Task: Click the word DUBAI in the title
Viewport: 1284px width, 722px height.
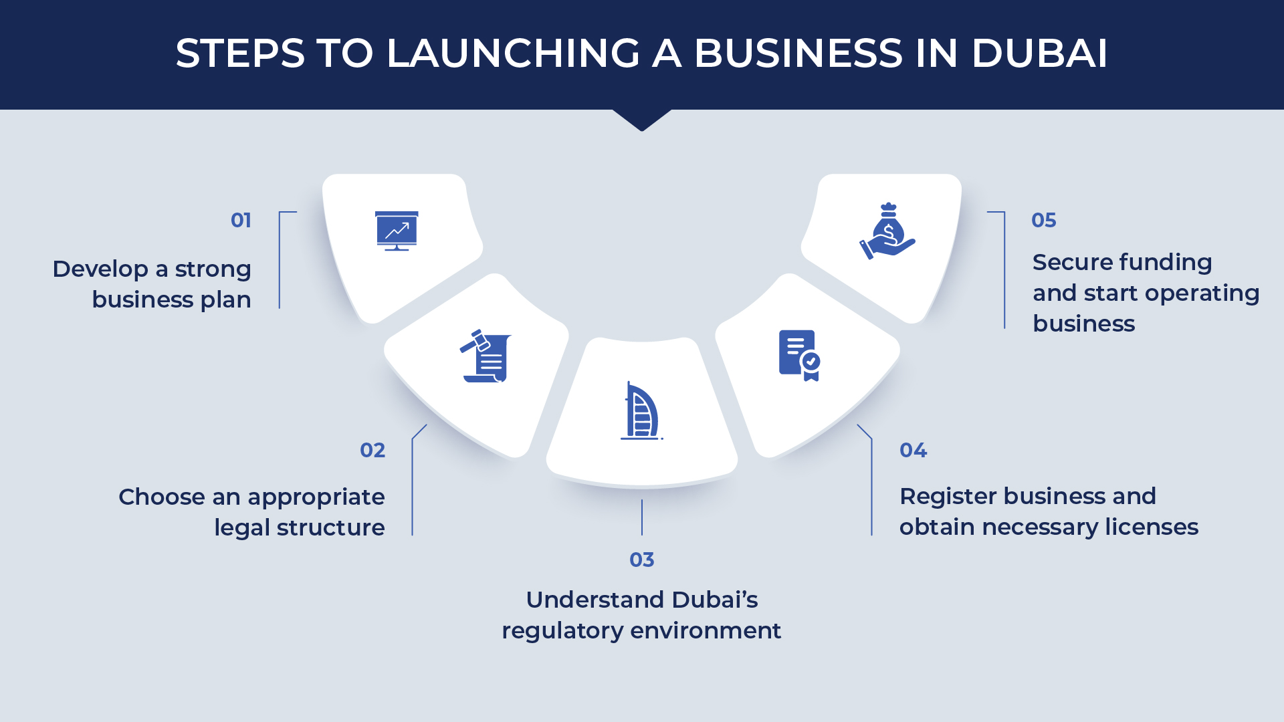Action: [1039, 53]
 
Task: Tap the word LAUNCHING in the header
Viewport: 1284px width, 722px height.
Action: [514, 53]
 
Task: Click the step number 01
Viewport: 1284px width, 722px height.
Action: [241, 220]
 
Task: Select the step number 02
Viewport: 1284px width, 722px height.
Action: [372, 450]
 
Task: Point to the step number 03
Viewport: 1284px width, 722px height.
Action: [642, 560]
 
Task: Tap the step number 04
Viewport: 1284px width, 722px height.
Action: [913, 450]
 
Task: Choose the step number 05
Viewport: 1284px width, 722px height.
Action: [1044, 220]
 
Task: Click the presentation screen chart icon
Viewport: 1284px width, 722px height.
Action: [397, 231]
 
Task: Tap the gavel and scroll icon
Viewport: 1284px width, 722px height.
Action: [486, 356]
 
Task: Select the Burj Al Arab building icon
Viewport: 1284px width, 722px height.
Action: [642, 410]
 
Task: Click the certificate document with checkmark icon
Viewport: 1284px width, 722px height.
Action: [800, 356]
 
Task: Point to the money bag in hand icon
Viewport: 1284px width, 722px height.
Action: [887, 231]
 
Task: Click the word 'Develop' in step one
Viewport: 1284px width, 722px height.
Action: [100, 269]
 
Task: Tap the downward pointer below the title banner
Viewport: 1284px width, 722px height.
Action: [642, 120]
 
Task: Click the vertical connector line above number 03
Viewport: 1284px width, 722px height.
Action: [642, 517]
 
